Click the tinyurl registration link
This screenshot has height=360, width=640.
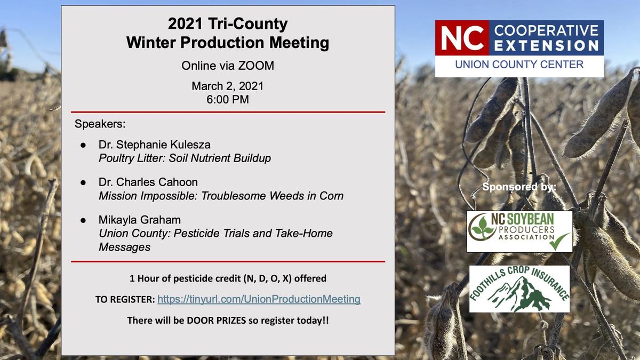point(259,299)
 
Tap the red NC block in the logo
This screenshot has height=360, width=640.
point(462,38)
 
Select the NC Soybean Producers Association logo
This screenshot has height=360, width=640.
point(519,231)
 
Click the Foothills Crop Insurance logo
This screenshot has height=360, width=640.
point(519,289)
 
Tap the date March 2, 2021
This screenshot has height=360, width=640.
point(228,86)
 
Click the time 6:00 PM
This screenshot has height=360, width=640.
point(228,99)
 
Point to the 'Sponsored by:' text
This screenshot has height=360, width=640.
point(519,187)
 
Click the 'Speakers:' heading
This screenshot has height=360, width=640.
point(100,124)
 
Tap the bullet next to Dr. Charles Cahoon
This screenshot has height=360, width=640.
point(83,182)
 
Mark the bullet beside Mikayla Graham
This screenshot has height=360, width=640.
point(83,220)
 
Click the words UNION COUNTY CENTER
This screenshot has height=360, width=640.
point(519,65)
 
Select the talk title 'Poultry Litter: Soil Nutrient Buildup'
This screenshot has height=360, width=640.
point(185,158)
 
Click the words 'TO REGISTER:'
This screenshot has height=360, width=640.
point(125,300)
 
